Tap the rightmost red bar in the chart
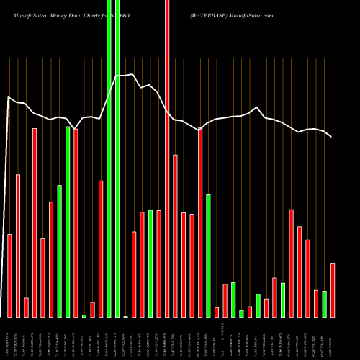333,290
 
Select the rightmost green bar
324,304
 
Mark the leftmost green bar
60,251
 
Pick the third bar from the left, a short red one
26,307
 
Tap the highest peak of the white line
133,73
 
